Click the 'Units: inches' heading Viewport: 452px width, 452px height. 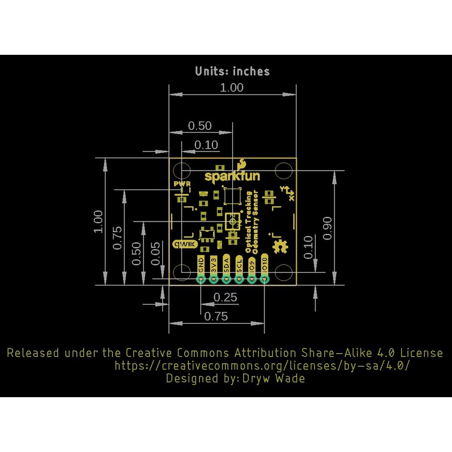coord(232,71)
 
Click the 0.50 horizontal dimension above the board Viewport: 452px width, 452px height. coord(199,125)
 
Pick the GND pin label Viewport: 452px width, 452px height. coord(201,265)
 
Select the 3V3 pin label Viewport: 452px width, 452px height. coord(214,265)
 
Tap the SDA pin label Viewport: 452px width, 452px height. coord(227,265)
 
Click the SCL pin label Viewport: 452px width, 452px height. coord(240,265)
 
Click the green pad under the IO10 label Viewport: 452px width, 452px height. coord(266,279)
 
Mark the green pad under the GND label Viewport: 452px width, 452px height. coord(201,279)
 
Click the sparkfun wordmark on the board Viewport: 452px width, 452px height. coord(232,176)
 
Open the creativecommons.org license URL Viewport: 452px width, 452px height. coord(262,366)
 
